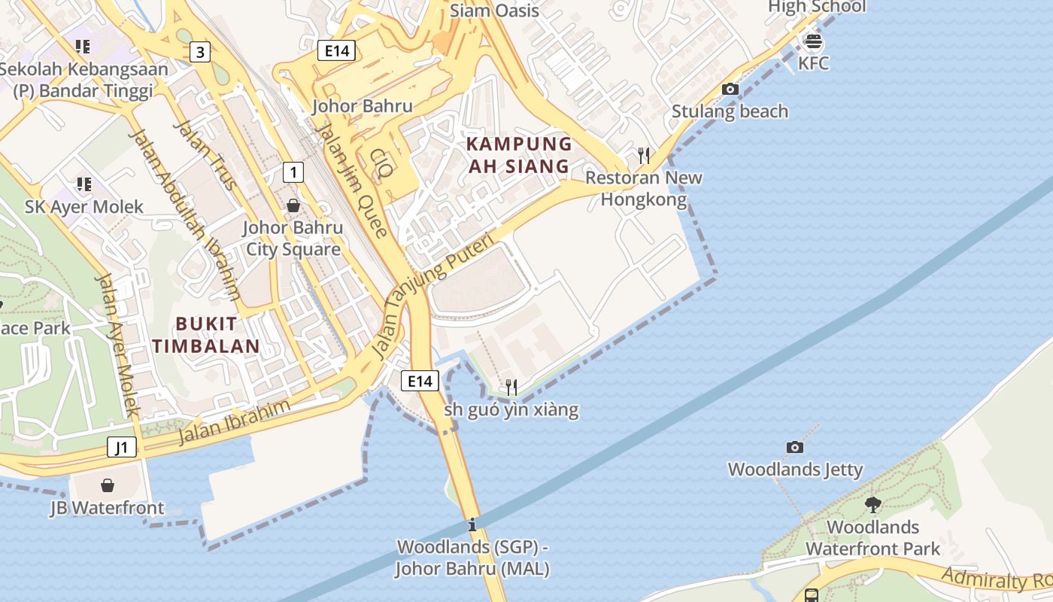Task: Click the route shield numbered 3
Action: [199, 52]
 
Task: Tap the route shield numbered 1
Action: [293, 172]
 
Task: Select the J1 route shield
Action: [122, 448]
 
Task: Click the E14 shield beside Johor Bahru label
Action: [336, 51]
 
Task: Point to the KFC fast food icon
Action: [813, 41]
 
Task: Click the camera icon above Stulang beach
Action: [730, 89]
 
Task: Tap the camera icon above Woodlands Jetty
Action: [794, 447]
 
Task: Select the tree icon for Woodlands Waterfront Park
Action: [872, 504]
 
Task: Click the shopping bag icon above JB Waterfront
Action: [108, 485]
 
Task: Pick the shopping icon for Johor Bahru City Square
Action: [293, 205]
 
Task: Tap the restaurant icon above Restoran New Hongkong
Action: [643, 156]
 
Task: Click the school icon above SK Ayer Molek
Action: [83, 184]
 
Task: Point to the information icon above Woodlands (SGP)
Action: [472, 524]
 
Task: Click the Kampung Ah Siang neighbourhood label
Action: [519, 155]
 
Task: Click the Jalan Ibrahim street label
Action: [234, 422]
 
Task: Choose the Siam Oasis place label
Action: [494, 11]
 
